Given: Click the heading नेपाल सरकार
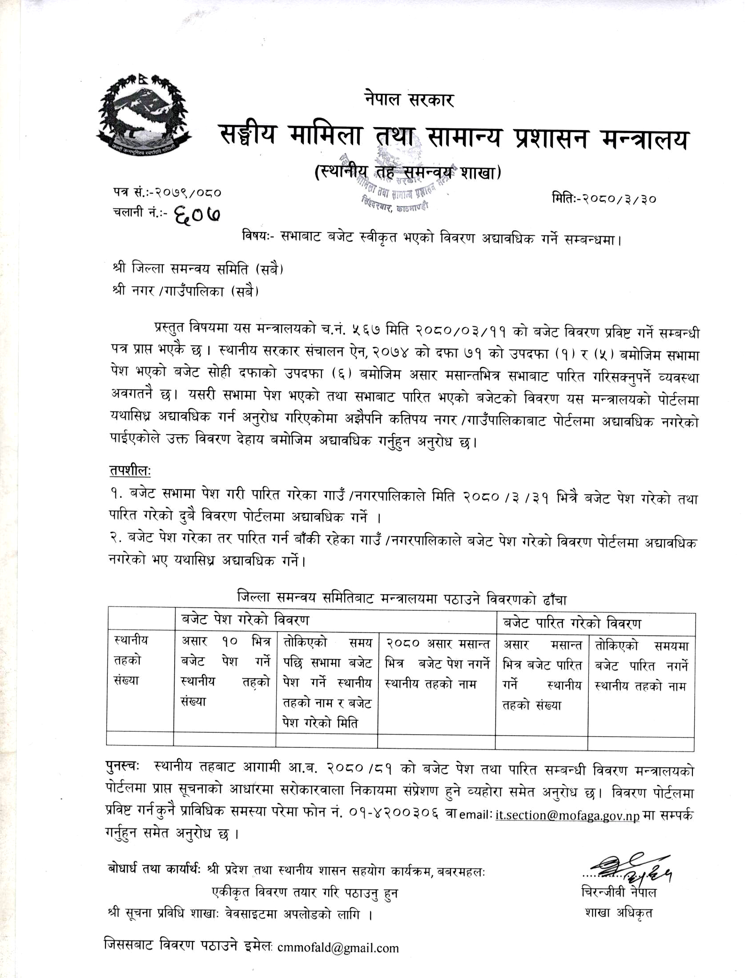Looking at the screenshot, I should pos(409,100).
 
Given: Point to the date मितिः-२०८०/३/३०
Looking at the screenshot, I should pos(604,198).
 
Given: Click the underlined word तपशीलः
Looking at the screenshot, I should pos(130,471).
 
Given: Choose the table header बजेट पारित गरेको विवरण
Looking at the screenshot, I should pos(572,623).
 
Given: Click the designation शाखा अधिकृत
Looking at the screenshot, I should pos(618,912).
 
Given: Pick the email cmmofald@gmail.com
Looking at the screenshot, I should pos(338,948).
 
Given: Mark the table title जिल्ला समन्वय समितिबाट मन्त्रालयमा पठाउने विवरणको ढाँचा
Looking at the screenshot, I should pos(402,598).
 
